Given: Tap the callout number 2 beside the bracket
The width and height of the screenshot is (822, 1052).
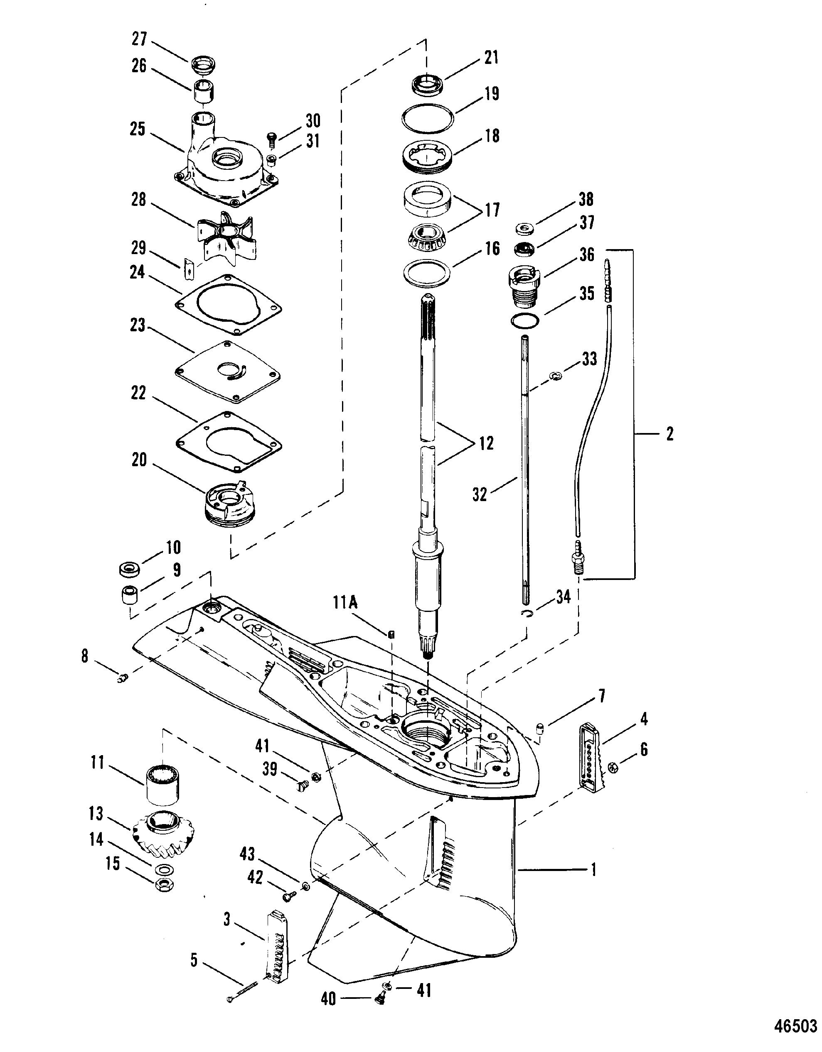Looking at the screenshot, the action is tap(669, 435).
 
